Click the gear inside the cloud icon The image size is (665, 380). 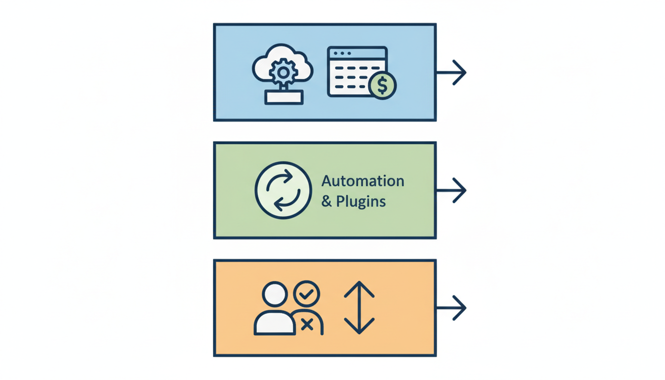point(283,73)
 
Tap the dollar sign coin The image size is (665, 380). point(382,86)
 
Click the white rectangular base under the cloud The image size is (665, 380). point(284,97)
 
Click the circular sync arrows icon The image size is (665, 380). point(283,190)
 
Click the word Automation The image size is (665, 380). point(363,181)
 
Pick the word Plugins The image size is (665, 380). point(361,202)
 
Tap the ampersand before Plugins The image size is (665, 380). point(327,202)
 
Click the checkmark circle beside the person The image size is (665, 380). point(307,294)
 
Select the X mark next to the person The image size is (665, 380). point(307,325)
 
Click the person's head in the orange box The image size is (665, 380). point(275,295)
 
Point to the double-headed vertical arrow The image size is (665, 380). point(359,308)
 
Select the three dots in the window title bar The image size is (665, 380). point(342,53)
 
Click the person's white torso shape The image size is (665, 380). point(272,323)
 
